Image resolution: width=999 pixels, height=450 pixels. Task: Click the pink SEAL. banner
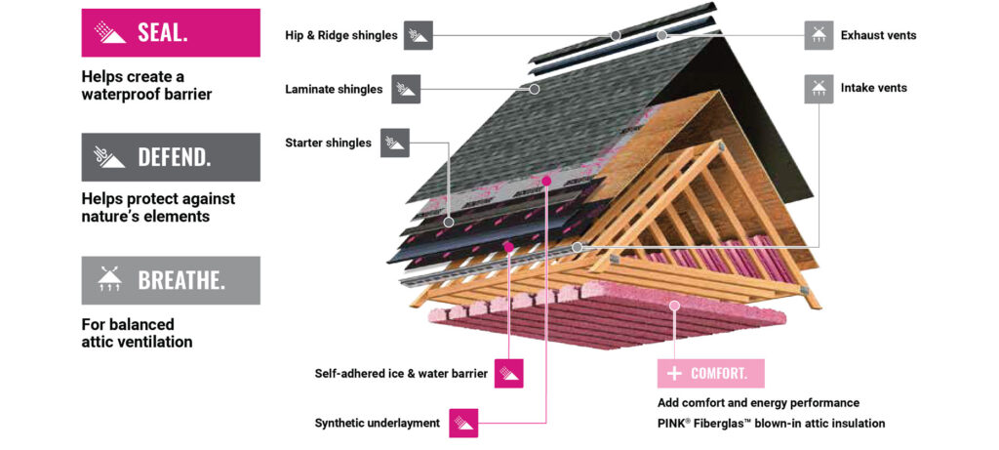pos(171,32)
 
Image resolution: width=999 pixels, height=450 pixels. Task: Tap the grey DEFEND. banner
pos(171,156)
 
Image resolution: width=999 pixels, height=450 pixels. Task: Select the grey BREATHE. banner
pos(171,280)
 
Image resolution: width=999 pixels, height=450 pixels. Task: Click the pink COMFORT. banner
pos(710,374)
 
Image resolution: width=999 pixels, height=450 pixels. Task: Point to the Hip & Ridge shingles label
pos(341,35)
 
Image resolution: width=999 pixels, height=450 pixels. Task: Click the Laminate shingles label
pos(334,89)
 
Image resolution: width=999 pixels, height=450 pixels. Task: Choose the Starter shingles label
pos(328,143)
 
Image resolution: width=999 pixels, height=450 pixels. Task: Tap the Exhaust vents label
pos(878,35)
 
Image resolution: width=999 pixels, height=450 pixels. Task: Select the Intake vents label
pos(873,88)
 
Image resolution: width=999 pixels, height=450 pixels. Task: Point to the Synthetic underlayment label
pos(377,424)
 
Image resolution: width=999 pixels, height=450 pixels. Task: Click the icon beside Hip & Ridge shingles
pos(418,35)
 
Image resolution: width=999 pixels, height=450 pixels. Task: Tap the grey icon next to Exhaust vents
pos(819,35)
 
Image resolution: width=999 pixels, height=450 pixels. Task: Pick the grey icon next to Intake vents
pos(819,88)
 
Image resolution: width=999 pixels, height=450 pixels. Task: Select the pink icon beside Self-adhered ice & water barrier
pos(509,373)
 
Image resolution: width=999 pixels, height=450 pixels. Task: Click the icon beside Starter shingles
pos(395,143)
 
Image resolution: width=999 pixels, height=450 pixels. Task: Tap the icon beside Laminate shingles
pos(406,89)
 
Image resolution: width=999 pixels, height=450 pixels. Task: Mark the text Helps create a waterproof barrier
pos(146,85)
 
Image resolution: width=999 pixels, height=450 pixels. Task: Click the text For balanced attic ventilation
pos(137,333)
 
